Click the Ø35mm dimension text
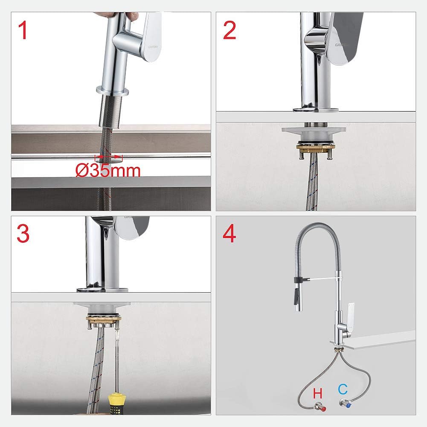click(x=108, y=171)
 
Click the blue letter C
click(x=343, y=389)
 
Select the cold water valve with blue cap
click(x=344, y=403)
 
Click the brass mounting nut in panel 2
click(x=316, y=148)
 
